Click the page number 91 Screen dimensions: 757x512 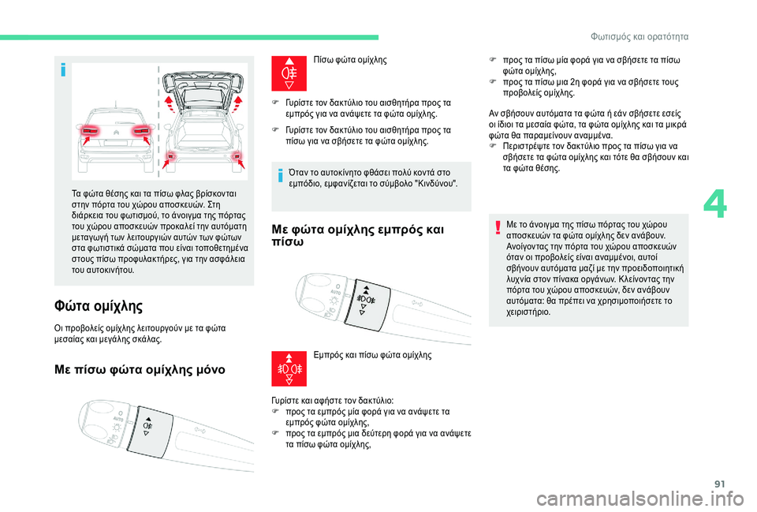(719, 484)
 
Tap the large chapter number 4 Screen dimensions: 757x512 (714, 205)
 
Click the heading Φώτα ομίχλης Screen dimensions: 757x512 (99, 306)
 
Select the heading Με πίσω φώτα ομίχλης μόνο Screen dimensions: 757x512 (140, 370)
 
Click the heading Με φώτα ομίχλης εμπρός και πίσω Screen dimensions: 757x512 (358, 235)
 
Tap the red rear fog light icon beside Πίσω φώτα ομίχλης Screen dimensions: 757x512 (289, 73)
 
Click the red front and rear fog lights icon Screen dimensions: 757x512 (289, 368)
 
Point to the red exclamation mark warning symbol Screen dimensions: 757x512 (498, 227)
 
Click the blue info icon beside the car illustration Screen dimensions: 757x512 (63, 70)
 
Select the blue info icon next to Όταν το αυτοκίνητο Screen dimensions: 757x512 (280, 176)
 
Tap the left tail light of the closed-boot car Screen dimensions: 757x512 (90, 130)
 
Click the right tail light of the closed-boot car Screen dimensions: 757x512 (141, 130)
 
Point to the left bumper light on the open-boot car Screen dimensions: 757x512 (170, 156)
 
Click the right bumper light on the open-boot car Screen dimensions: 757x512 (237, 156)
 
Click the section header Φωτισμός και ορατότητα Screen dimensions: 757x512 (640, 37)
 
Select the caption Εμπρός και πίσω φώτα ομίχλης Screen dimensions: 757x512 (372, 355)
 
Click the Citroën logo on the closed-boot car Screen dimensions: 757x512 (116, 132)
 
